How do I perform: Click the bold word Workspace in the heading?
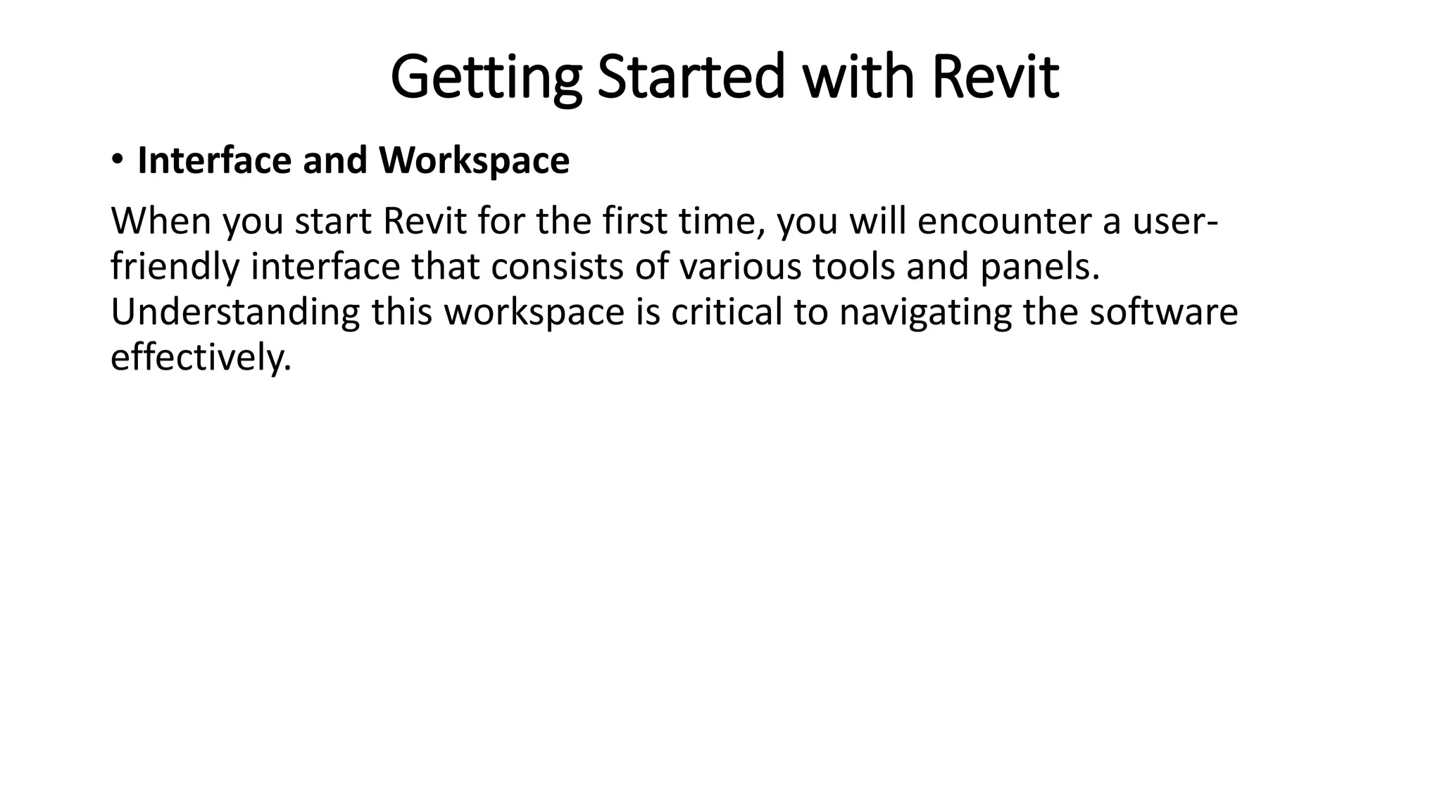point(474,162)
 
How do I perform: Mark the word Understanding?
point(235,313)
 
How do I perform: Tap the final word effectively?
point(201,358)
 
